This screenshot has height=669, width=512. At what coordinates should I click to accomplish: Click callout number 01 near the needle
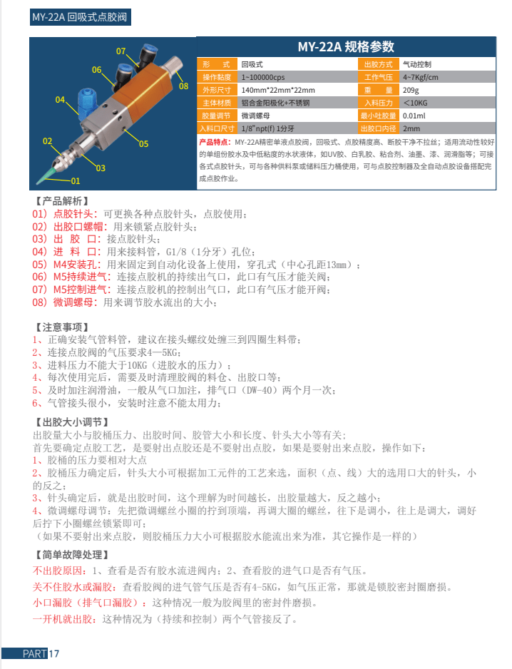click(x=76, y=180)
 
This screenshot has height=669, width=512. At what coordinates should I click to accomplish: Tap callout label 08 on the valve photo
click(x=183, y=86)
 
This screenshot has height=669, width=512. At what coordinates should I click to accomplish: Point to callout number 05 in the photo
click(x=143, y=143)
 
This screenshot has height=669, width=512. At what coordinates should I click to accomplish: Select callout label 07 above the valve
click(x=121, y=51)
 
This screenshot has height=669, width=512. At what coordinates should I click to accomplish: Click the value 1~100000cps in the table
click(x=263, y=77)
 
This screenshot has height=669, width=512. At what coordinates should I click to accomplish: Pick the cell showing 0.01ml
click(x=414, y=116)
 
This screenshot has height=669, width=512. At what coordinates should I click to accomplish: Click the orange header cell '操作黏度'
click(x=217, y=77)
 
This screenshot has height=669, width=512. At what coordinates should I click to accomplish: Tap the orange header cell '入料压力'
click(x=379, y=103)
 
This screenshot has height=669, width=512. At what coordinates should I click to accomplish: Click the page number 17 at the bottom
click(x=54, y=654)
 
